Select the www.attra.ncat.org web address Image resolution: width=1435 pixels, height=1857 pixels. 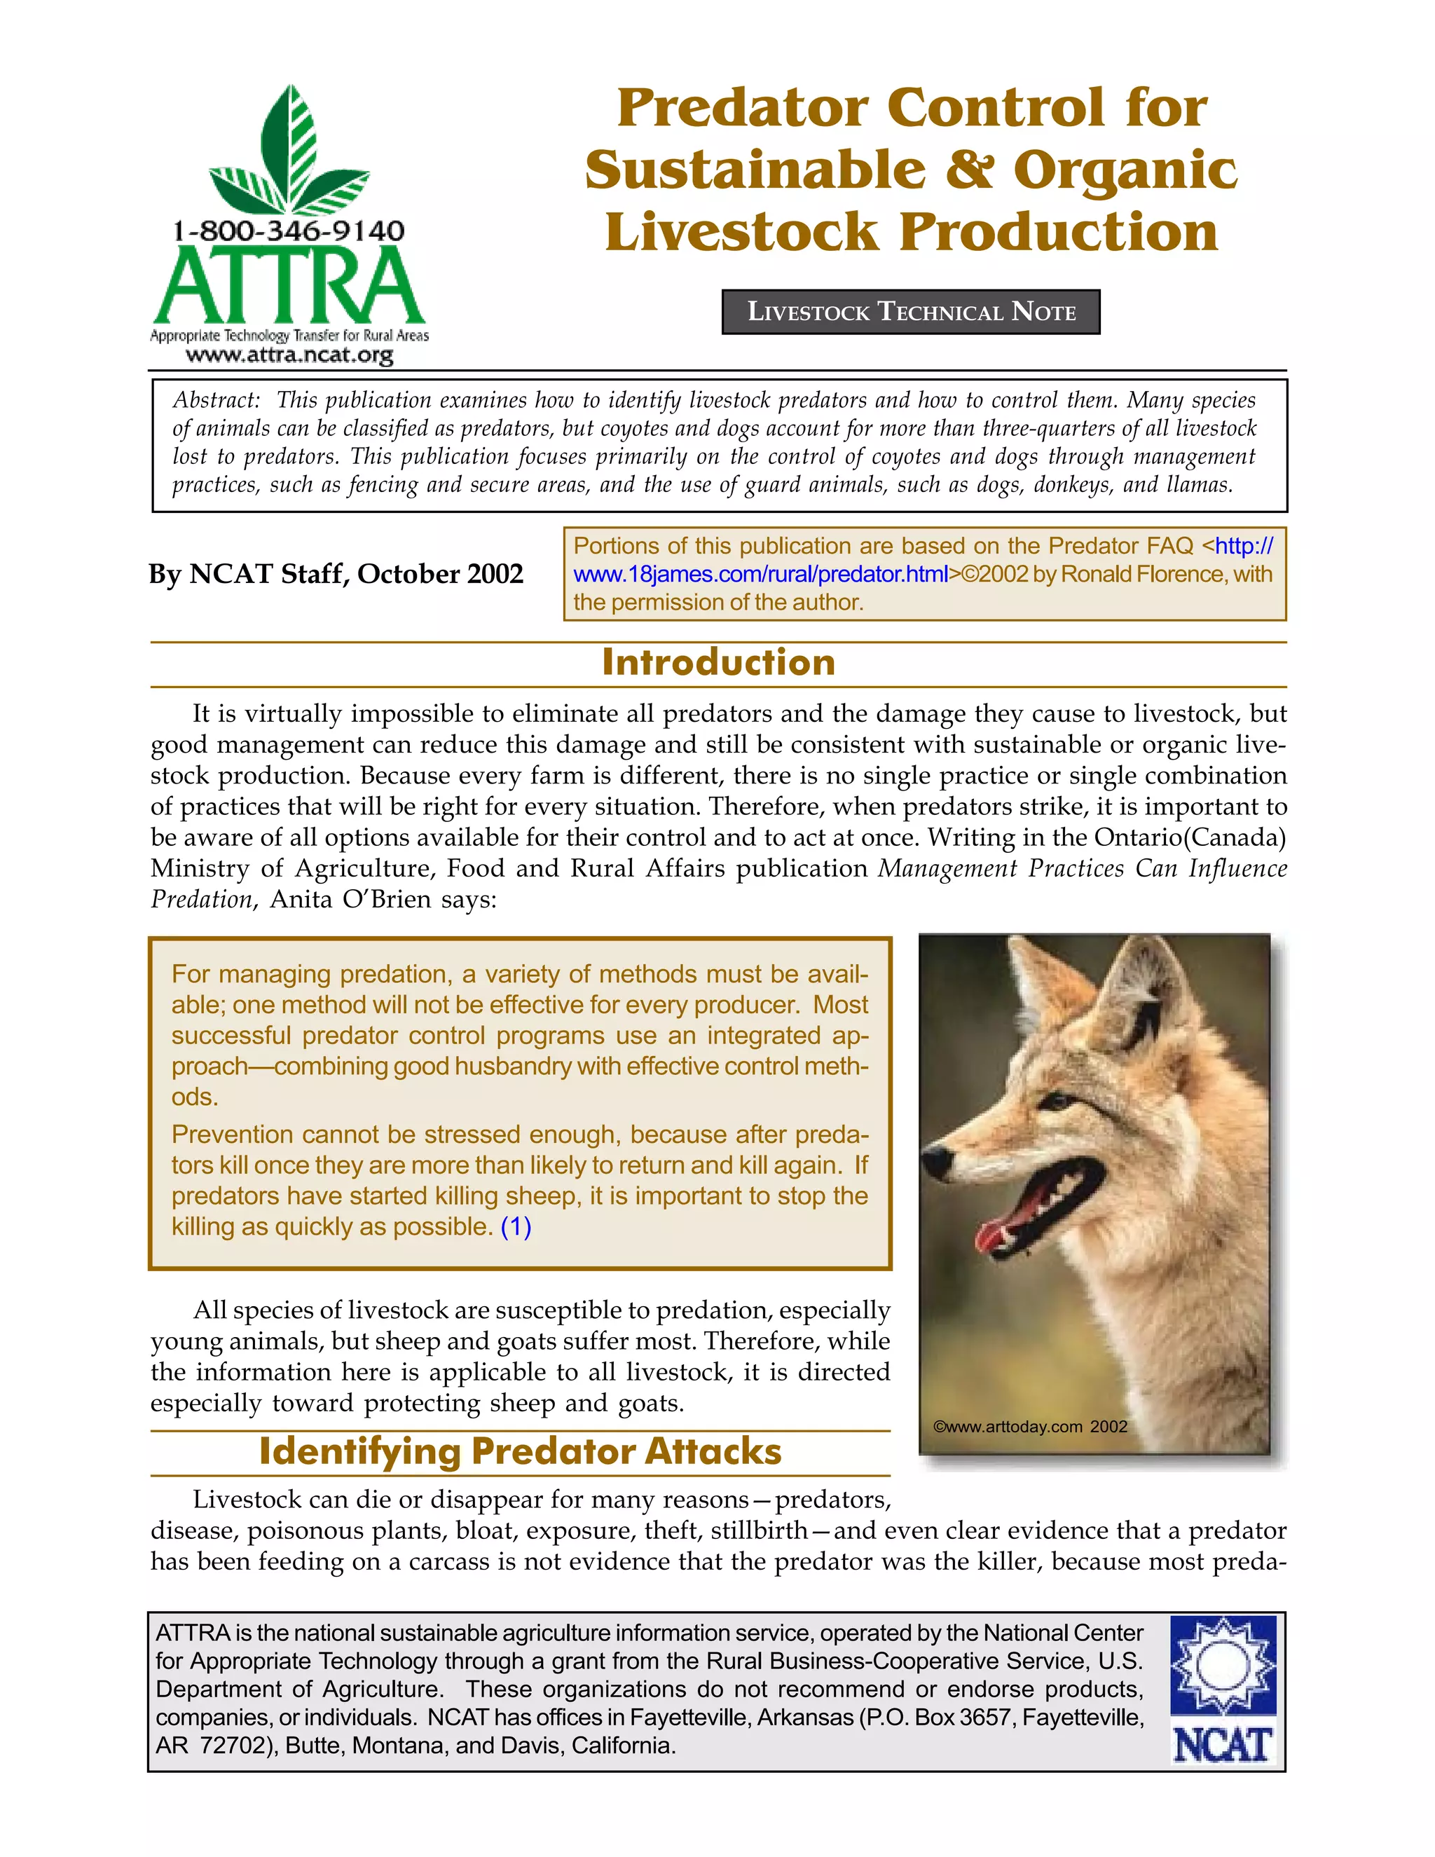(x=289, y=355)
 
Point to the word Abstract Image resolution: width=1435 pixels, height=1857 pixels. (x=216, y=400)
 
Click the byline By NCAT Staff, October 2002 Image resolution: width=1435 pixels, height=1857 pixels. (x=336, y=574)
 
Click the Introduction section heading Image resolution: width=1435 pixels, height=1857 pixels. (x=718, y=663)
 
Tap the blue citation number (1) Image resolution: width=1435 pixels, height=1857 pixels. (x=516, y=1227)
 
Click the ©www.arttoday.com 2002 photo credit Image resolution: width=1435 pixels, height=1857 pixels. (x=1030, y=1427)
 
